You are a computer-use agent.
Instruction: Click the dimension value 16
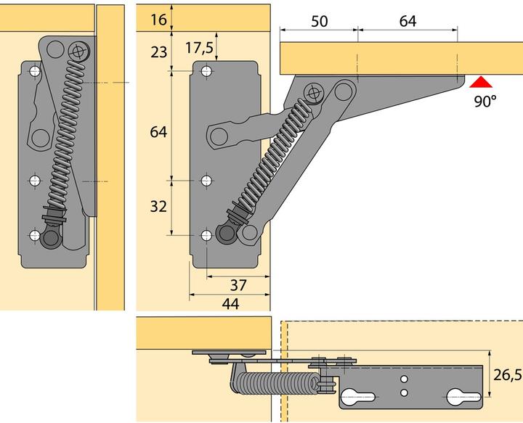click(158, 20)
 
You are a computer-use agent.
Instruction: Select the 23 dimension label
click(158, 52)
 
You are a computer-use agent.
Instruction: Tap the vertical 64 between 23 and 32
click(158, 132)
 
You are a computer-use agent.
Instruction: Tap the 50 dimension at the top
click(318, 21)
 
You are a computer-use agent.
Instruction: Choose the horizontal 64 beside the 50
click(408, 21)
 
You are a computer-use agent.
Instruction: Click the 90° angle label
click(485, 101)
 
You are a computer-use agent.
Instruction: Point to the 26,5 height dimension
click(506, 375)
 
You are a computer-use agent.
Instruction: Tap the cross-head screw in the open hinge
click(314, 93)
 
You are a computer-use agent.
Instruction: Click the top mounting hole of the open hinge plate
click(207, 71)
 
